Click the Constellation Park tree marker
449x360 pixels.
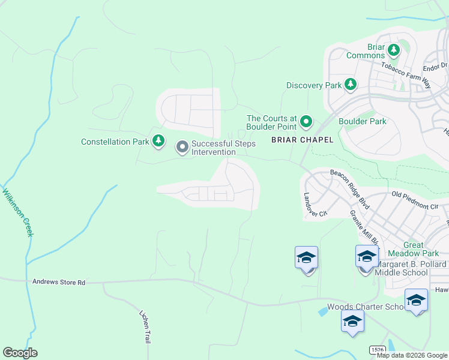point(158,141)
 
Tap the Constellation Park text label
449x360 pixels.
point(115,142)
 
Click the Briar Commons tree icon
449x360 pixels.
point(394,49)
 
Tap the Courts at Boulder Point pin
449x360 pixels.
point(306,122)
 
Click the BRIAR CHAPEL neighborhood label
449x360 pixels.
point(294,140)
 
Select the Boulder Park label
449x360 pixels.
point(363,121)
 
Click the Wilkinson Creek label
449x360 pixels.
point(18,212)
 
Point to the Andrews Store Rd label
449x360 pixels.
point(59,281)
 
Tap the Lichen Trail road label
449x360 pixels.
point(144,326)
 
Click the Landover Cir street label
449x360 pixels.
point(315,205)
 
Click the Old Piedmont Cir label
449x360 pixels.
point(415,200)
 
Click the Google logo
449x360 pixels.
point(20,352)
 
